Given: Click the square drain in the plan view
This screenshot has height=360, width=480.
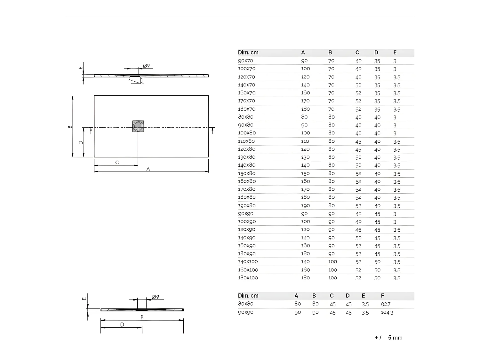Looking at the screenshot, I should click(x=138, y=126).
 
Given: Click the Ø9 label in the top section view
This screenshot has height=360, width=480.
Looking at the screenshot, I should click(x=146, y=66).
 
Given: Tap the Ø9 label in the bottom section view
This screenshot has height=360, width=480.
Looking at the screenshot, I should click(x=155, y=297).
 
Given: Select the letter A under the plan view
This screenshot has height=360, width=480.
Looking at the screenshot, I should click(x=148, y=169).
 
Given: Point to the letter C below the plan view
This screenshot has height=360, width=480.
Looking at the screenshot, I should click(x=117, y=163).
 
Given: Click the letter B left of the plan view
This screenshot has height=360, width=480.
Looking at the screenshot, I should click(x=70, y=127).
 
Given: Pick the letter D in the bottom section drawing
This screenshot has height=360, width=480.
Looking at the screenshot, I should click(x=122, y=325).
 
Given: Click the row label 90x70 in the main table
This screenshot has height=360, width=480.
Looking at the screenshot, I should click(x=245, y=60).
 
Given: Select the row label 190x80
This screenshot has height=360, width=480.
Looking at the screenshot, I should click(x=247, y=205).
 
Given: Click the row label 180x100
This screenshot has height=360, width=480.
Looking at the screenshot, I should click(x=248, y=278).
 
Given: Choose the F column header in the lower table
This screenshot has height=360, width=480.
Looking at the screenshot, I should click(x=382, y=296).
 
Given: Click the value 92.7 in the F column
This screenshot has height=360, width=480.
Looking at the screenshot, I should click(x=386, y=304).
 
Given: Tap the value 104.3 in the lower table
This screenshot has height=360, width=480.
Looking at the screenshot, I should click(x=387, y=312).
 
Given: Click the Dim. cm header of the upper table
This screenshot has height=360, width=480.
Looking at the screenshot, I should click(x=248, y=52).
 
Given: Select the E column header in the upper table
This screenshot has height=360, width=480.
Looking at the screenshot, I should click(x=395, y=52).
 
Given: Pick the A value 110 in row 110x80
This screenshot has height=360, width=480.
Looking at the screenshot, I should click(x=305, y=141).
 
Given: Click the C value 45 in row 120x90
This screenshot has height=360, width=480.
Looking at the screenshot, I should click(x=358, y=230).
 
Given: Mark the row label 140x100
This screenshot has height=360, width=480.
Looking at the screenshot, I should click(x=248, y=261).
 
